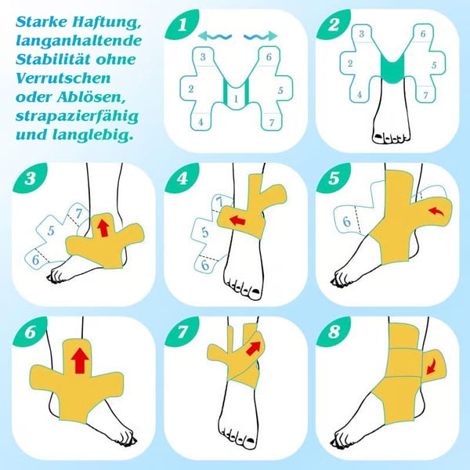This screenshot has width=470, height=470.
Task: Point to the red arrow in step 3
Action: coord(103,227)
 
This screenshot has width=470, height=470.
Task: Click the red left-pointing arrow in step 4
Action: coord(238,220)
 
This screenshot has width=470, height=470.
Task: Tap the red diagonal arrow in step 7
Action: coord(253,348)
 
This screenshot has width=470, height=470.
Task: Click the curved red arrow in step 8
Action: coord(432,367)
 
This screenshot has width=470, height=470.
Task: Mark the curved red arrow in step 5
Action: coord(436,211)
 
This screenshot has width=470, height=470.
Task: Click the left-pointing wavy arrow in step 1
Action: coord(215,37)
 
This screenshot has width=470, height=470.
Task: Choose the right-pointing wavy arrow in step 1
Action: coord(261,36)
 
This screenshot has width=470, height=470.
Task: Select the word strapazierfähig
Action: coord(77,116)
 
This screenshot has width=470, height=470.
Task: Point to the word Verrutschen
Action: coord(63,78)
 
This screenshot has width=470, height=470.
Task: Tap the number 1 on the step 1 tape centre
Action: coord(237,99)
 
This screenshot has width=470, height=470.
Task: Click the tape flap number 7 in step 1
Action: coord(272,122)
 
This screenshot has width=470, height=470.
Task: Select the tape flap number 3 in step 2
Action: coord(361,34)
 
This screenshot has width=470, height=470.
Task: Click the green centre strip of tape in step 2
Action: coord(393,69)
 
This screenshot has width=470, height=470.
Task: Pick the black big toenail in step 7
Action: coord(250,440)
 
